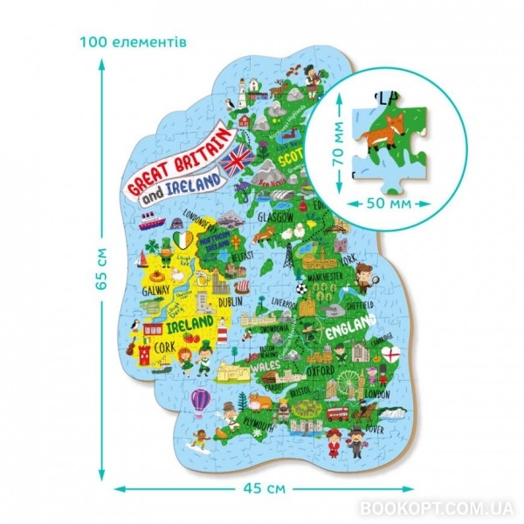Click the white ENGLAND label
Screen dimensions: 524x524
349,333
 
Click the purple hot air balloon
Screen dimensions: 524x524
201,401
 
